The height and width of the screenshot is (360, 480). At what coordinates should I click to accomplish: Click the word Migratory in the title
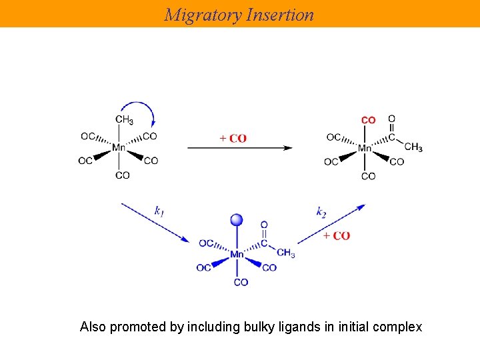pyautogui.click(x=203, y=15)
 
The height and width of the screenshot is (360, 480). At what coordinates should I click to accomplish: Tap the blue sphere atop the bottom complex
pyautogui.click(x=237, y=220)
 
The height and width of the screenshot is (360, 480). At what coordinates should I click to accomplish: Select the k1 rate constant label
pyautogui.click(x=159, y=211)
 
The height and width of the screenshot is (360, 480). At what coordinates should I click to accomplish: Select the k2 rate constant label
pyautogui.click(x=321, y=212)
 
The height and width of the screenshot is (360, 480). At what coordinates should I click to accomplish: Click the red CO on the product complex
pyautogui.click(x=368, y=120)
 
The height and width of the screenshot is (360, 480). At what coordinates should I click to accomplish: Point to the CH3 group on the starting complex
pyautogui.click(x=124, y=120)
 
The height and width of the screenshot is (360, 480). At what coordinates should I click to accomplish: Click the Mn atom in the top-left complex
pyautogui.click(x=119, y=148)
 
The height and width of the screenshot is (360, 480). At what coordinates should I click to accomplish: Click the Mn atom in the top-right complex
pyautogui.click(x=365, y=148)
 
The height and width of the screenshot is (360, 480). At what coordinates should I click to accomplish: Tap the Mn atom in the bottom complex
pyautogui.click(x=237, y=254)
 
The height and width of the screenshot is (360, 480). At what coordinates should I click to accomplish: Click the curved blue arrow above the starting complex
pyautogui.click(x=140, y=109)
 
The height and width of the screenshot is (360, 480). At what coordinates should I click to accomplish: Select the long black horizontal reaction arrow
pyautogui.click(x=239, y=148)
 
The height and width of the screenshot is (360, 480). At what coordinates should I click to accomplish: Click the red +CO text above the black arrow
pyautogui.click(x=233, y=139)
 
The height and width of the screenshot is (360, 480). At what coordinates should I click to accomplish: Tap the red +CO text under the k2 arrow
pyautogui.click(x=336, y=236)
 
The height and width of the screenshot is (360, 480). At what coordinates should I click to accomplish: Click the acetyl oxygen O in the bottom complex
pyautogui.click(x=264, y=225)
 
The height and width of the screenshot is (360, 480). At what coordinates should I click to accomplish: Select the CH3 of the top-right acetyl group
pyautogui.click(x=413, y=147)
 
